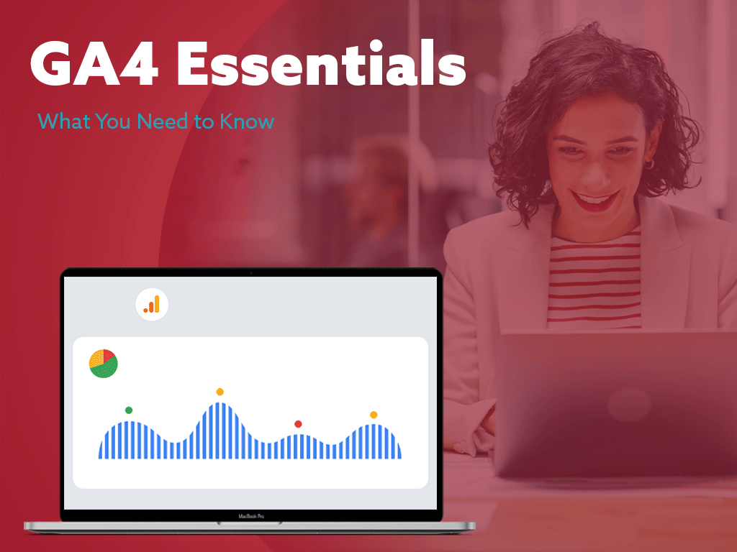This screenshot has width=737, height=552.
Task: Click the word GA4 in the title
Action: pos(94,63)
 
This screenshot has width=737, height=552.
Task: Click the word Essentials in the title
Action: pos(322,63)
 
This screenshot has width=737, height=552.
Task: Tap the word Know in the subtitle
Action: pos(247,121)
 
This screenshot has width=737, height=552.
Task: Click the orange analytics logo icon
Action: pos(152,305)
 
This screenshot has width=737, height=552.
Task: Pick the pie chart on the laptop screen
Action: pos(104,363)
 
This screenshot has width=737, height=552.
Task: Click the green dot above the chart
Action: pos(129,410)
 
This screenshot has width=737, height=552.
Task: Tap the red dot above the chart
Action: pos(298,424)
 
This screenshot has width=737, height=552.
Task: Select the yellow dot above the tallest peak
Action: pos(220,392)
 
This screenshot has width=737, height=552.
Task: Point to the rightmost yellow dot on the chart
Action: pos(374,415)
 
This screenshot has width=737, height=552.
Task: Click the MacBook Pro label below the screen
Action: pos(251,516)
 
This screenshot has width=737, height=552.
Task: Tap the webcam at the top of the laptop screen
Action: pos(251,272)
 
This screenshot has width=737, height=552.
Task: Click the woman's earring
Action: pos(650,163)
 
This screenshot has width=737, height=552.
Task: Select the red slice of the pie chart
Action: pos(109,355)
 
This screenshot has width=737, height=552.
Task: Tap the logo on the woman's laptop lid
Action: pos(629,404)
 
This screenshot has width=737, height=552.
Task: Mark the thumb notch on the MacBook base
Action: pos(250,523)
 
